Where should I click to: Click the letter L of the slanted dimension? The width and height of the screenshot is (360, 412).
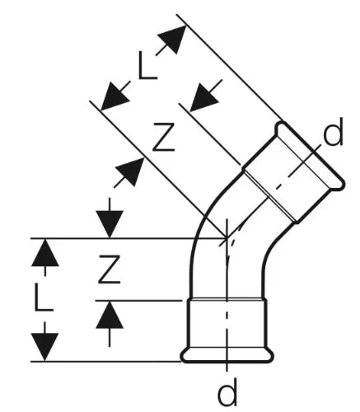click(x=147, y=66)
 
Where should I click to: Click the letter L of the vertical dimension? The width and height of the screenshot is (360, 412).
click(x=44, y=297)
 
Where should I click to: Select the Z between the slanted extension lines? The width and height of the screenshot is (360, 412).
click(x=164, y=137)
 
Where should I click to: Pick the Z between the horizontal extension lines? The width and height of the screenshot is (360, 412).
click(x=110, y=269)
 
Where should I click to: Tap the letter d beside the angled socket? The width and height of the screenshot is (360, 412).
click(x=334, y=132)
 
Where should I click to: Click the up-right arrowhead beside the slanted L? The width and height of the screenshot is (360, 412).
click(x=173, y=39)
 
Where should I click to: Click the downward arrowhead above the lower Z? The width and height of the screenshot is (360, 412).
click(x=110, y=224)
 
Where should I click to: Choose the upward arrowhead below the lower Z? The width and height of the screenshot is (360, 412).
click(x=110, y=315)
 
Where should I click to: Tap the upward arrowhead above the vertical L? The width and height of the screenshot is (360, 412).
click(x=44, y=253)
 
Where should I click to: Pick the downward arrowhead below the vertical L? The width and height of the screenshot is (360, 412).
click(x=44, y=347)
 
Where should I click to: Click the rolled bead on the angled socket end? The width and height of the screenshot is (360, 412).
click(x=311, y=156)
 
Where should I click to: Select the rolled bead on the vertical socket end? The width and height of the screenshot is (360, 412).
click(x=227, y=357)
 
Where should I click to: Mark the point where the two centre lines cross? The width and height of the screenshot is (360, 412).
click(x=227, y=238)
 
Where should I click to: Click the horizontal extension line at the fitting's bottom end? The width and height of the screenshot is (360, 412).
click(x=105, y=362)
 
